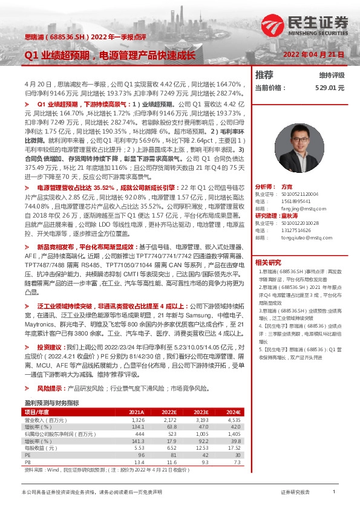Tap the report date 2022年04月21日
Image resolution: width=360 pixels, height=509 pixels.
point(313,54)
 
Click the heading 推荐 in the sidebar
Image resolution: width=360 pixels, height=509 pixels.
point(264,75)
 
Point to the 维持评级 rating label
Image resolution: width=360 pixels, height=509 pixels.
point(331,75)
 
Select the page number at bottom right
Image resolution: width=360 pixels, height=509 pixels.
point(334,493)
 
